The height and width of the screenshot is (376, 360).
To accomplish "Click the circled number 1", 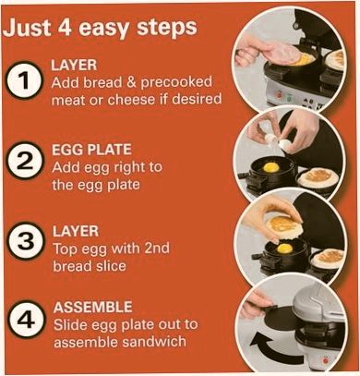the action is (x=24, y=80).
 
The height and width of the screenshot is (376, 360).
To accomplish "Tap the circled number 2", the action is (x=24, y=161).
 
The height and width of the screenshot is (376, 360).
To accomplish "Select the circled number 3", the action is (x=25, y=240).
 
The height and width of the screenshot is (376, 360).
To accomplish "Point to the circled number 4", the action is (x=26, y=320).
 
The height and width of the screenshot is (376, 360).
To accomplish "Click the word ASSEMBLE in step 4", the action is (x=92, y=307).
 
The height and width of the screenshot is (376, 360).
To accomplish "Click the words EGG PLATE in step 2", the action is (x=91, y=150).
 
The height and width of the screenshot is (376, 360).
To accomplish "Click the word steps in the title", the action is (x=166, y=29).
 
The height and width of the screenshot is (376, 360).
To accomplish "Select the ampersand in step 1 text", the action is (x=131, y=82).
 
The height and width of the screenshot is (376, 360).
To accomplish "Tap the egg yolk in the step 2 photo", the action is (x=271, y=167).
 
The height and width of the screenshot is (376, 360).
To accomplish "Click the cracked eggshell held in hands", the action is (x=278, y=141).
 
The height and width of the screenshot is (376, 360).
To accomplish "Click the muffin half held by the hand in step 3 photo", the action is (x=284, y=227).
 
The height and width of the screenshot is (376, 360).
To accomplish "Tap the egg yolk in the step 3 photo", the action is (x=284, y=249).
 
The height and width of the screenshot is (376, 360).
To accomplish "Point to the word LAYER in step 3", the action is (x=76, y=231).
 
